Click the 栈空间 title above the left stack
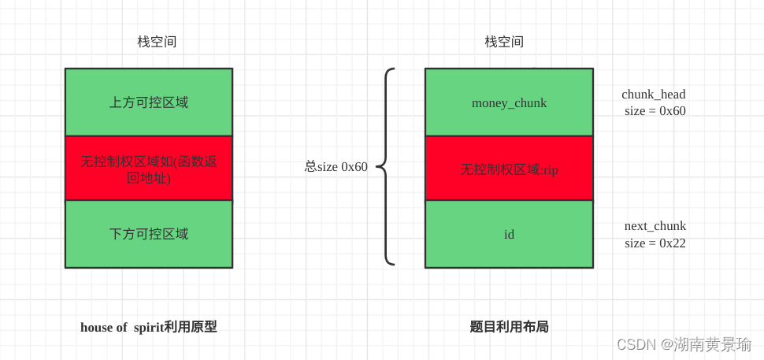(x=157, y=42)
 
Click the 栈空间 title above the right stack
(x=504, y=42)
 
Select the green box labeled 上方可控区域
(x=149, y=102)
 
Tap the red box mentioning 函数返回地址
(x=149, y=169)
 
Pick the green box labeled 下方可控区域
(x=149, y=234)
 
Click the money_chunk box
(x=509, y=102)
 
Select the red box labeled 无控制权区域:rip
(x=509, y=169)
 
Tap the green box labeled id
(x=509, y=234)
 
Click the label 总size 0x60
(x=336, y=167)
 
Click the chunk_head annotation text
(x=654, y=95)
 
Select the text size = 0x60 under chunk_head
(x=655, y=111)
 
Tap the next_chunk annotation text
(x=655, y=226)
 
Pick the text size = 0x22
(x=655, y=243)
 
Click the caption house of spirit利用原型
(x=149, y=327)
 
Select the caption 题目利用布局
(x=509, y=327)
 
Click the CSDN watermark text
(x=684, y=344)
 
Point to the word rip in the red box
(x=550, y=169)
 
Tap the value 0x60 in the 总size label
(x=354, y=167)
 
